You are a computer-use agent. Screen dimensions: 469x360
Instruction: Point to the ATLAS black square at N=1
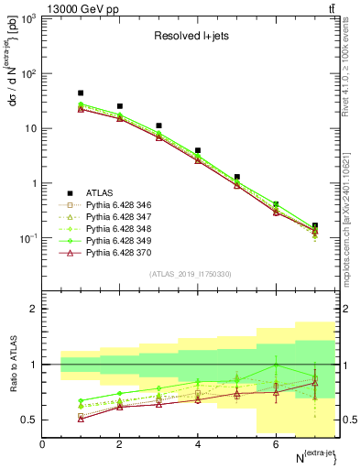point(81,93)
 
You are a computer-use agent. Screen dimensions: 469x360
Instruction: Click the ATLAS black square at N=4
point(198,150)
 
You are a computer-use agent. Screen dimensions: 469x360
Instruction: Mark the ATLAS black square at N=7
point(315,225)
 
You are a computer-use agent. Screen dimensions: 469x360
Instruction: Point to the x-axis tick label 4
point(198,444)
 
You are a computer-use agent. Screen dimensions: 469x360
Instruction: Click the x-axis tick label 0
point(42,444)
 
